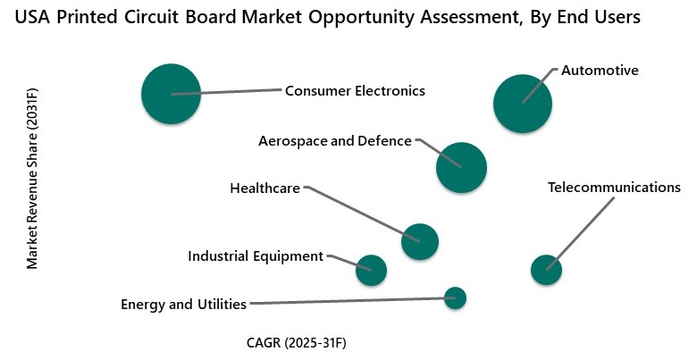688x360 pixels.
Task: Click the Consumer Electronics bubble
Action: [171, 94]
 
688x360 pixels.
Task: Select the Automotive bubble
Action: [523, 104]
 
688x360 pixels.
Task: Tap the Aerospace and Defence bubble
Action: [461, 167]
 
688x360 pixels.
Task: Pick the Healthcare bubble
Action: [420, 240]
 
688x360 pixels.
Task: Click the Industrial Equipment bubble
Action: [371, 269]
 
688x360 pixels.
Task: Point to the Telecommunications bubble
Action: [546, 269]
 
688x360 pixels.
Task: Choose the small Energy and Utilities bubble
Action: [455, 298]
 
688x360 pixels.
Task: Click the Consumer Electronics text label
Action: [355, 90]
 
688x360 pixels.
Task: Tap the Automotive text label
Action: [600, 71]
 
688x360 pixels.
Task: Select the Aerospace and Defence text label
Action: [335, 141]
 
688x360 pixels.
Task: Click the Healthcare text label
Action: [264, 188]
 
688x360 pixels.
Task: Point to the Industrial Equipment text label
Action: [256, 256]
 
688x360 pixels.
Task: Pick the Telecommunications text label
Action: [614, 188]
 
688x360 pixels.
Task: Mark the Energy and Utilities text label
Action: [183, 305]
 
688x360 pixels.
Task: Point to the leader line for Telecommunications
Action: [581, 231]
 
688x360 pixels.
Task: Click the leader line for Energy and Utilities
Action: [348, 302]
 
